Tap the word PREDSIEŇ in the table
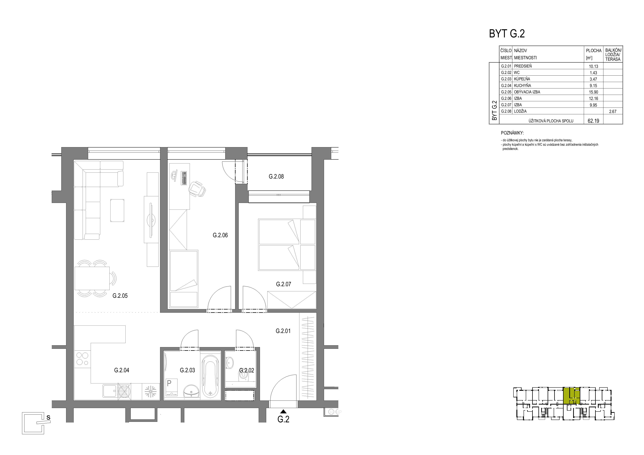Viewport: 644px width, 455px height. point(523,66)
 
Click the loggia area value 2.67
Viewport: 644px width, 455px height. point(613,111)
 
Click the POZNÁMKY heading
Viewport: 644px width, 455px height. point(512,133)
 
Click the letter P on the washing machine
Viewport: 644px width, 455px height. point(169,383)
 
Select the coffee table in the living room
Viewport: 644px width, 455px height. point(117,211)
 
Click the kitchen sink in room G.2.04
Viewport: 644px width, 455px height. point(110,391)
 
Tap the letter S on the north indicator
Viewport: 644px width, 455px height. point(48,417)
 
